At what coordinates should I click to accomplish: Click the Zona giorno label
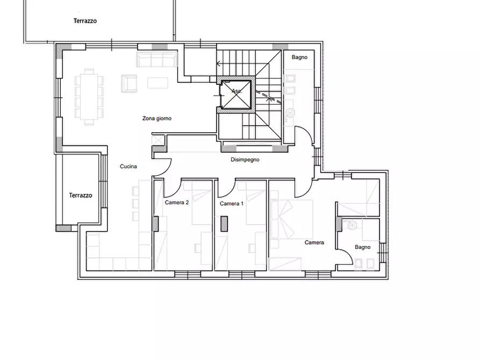[x=157, y=118]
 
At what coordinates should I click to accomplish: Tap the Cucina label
[x=128, y=167]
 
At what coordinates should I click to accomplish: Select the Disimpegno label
[x=245, y=160]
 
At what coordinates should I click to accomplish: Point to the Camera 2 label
[x=177, y=203]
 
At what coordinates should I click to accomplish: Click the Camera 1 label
[x=232, y=204]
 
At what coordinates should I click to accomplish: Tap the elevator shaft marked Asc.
[x=237, y=95]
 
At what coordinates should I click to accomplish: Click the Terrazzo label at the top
[x=85, y=21]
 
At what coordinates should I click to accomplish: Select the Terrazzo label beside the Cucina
[x=81, y=195]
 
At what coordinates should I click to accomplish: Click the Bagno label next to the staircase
[x=299, y=57]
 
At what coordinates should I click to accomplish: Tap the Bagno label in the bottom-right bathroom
[x=362, y=247]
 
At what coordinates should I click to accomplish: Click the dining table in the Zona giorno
[x=89, y=97]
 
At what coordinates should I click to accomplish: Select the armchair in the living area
[x=129, y=84]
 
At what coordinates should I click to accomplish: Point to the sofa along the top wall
[x=157, y=60]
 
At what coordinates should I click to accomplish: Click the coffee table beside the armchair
[x=157, y=83]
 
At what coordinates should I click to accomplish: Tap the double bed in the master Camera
[x=292, y=219]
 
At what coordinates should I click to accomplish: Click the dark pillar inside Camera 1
[x=224, y=224]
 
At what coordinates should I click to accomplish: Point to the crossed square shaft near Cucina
[x=158, y=141]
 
